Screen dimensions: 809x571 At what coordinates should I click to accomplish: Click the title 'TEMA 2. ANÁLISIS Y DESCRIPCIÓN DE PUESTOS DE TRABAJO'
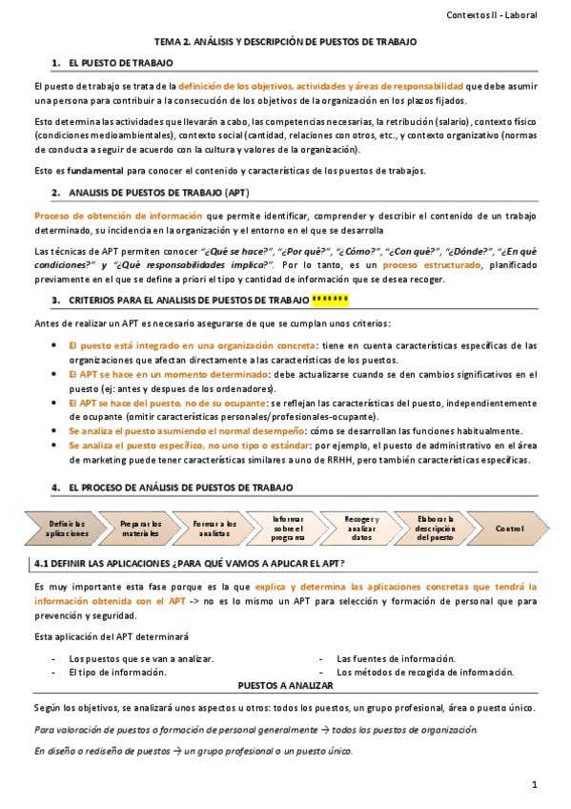[286, 43]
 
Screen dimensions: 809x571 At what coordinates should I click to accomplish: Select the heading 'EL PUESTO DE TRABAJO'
[120, 63]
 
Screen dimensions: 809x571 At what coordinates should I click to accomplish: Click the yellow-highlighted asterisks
[330, 301]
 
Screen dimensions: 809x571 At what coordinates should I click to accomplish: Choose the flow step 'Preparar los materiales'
[141, 528]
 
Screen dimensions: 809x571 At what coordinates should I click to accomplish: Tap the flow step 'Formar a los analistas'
[214, 528]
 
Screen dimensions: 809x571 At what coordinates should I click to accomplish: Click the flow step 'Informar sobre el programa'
[287, 528]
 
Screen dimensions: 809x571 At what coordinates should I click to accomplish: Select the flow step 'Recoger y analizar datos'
[361, 528]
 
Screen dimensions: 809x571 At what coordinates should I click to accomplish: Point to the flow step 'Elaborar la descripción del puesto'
[436, 528]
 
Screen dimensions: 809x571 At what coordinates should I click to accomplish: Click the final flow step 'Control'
[509, 528]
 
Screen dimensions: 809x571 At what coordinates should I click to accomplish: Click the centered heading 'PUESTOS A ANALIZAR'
[285, 685]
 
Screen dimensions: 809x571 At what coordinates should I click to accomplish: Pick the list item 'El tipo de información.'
[118, 673]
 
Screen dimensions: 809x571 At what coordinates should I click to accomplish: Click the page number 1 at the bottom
[536, 784]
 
